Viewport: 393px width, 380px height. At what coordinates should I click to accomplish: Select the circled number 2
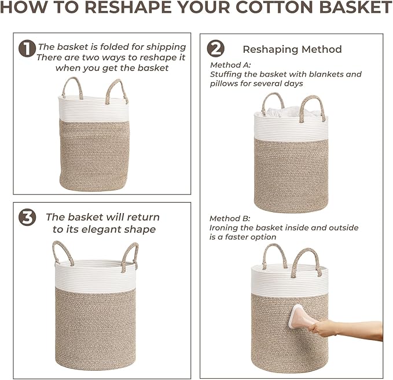coord(215,48)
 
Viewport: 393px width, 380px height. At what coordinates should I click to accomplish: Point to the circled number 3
coord(27,218)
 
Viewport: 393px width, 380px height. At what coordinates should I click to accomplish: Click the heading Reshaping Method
coord(292,49)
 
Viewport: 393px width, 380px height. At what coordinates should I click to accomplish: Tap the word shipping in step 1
coord(166,47)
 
